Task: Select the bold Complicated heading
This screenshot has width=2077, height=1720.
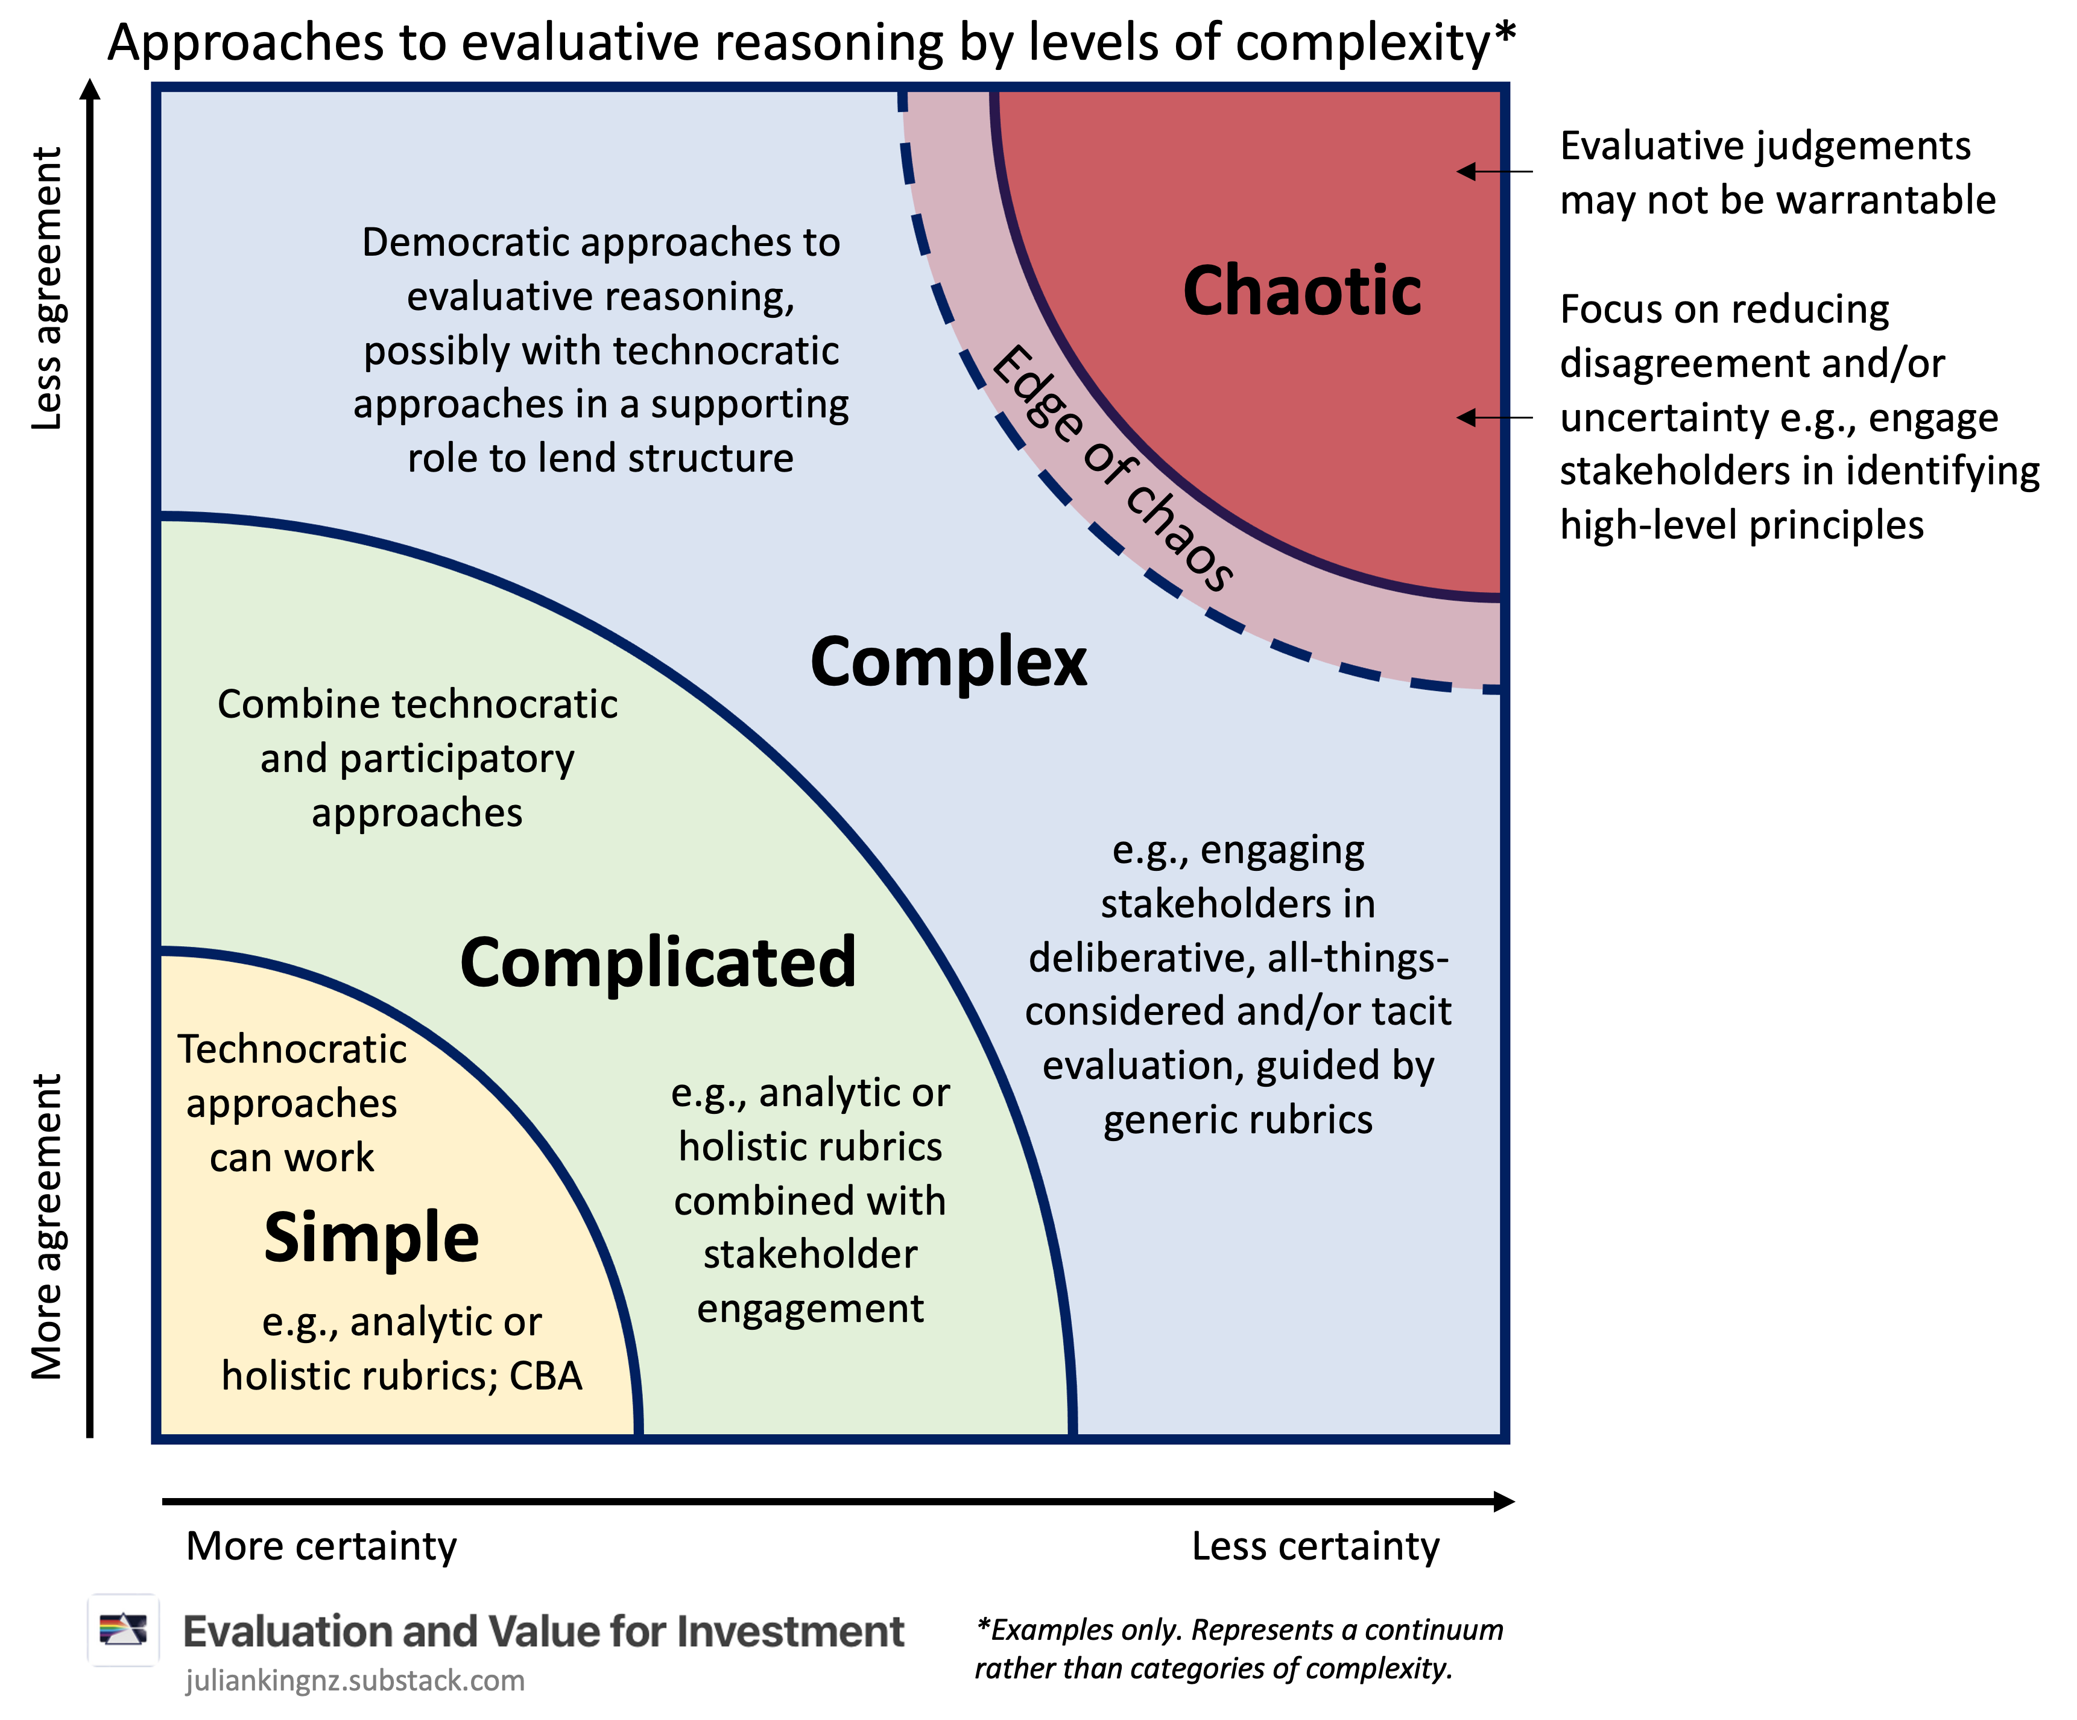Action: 658,963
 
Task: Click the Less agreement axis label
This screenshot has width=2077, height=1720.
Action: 46,289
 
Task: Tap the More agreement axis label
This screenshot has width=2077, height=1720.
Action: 46,1227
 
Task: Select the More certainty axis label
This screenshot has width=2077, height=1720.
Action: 321,1546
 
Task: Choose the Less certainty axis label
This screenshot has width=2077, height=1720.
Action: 1315,1546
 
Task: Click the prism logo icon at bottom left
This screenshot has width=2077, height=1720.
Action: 122,1630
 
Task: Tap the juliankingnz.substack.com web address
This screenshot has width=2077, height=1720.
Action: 354,1680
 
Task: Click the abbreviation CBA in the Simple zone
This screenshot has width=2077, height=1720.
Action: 545,1376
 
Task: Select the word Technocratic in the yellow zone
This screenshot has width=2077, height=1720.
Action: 292,1049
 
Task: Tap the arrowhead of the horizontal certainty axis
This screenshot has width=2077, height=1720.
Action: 1503,1502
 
